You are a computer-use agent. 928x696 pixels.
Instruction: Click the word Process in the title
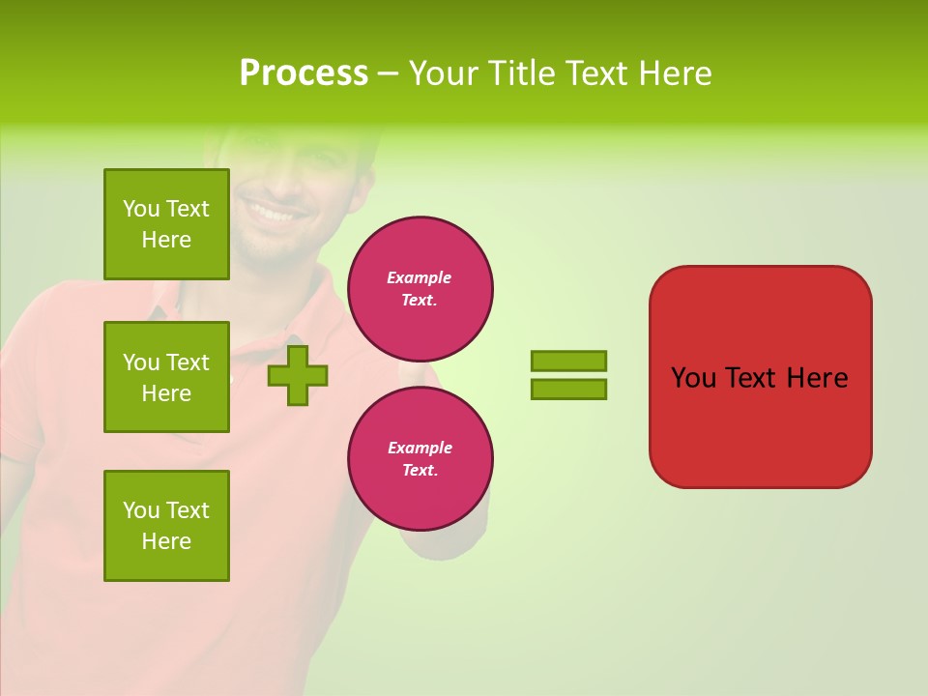point(304,73)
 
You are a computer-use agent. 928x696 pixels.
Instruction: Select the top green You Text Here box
point(166,224)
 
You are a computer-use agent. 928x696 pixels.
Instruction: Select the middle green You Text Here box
point(166,377)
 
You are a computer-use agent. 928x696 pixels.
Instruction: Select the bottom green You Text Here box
point(166,526)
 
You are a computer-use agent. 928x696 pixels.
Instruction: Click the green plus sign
point(298,375)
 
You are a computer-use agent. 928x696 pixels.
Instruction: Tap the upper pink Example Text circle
point(420,289)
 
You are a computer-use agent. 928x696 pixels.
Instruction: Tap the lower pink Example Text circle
point(420,459)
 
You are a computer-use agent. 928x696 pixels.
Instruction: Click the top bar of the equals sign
point(569,361)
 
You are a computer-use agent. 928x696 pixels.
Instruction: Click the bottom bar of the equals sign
point(569,389)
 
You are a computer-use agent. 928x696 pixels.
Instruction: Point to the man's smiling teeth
point(272,210)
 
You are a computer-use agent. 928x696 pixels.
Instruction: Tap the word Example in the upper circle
point(419,277)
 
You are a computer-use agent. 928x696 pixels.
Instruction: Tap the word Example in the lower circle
point(420,448)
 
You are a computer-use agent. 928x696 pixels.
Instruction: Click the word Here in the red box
point(817,378)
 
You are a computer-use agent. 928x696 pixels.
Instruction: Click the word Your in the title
point(444,73)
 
